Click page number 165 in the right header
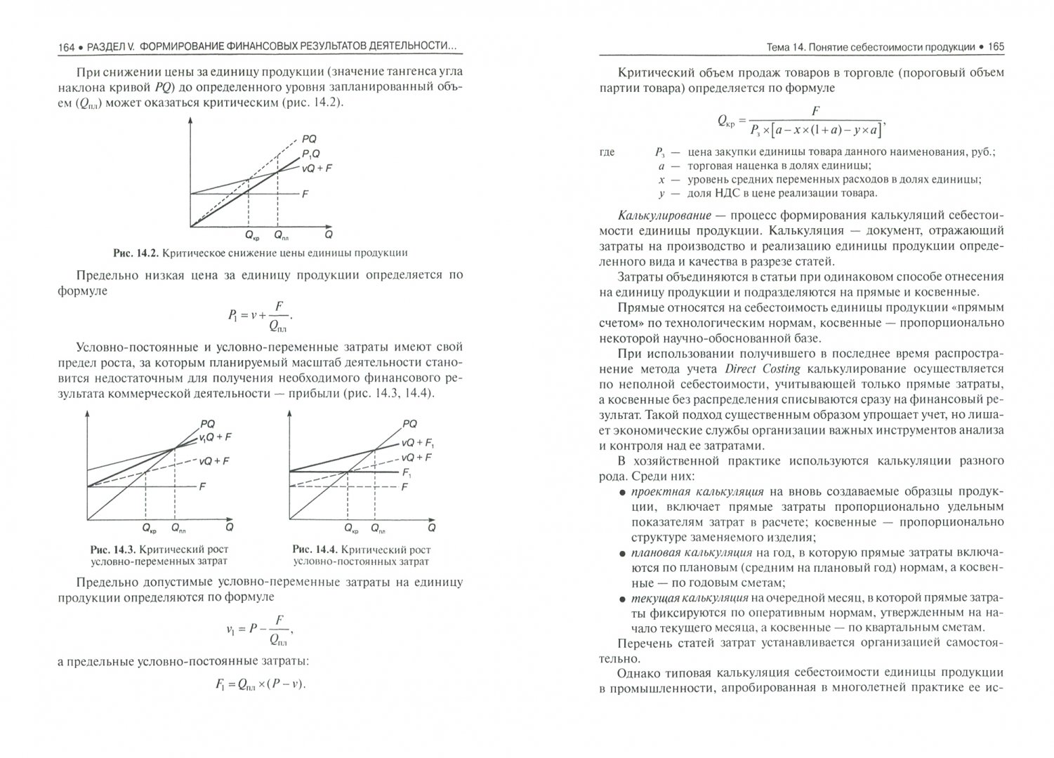[x=996, y=47]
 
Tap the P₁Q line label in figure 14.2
[x=312, y=154]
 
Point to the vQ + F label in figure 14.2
[x=317, y=168]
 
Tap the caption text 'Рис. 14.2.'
[x=137, y=253]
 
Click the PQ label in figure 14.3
[x=208, y=423]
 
